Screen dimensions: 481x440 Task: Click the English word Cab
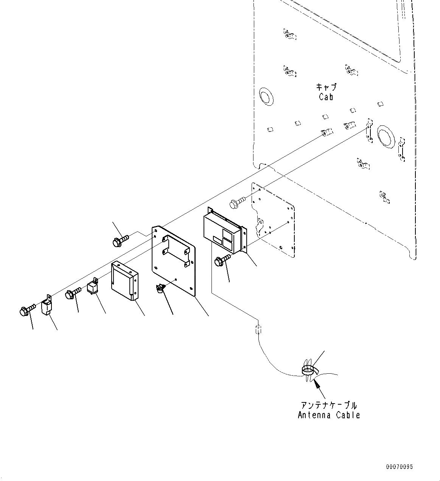pos(326,97)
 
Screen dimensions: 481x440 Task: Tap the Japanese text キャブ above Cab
pos(326,87)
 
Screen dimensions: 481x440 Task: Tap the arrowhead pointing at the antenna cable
pos(316,385)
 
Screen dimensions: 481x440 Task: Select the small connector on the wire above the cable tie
pos(258,329)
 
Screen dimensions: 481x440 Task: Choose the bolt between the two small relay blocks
pos(73,293)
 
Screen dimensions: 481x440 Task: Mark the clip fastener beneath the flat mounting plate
pos(160,289)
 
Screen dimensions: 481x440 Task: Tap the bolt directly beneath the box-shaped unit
pos(222,260)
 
